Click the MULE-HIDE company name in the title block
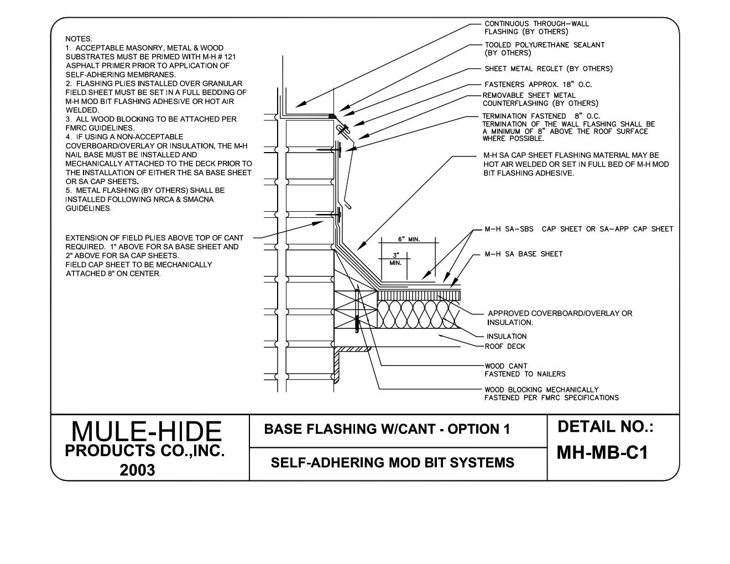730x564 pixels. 147,432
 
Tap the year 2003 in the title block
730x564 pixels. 138,470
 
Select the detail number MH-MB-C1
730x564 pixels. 602,453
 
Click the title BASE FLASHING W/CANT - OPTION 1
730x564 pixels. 387,429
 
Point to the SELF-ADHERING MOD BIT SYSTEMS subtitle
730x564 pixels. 392,462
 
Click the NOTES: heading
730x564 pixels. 79,39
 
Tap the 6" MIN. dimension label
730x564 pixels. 409,239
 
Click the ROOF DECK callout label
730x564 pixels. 505,346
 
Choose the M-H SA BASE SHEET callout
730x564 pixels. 523,254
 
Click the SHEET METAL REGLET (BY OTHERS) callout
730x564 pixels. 549,69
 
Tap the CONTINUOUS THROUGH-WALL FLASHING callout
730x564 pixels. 536,28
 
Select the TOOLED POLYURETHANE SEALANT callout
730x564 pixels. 544,49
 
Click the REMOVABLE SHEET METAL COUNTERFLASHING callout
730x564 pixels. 540,100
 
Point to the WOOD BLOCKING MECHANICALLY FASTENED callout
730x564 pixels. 551,394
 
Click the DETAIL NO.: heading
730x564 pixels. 606,427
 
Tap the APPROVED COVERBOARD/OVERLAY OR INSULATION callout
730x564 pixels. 559,317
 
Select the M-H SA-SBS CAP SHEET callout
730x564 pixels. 578,229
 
